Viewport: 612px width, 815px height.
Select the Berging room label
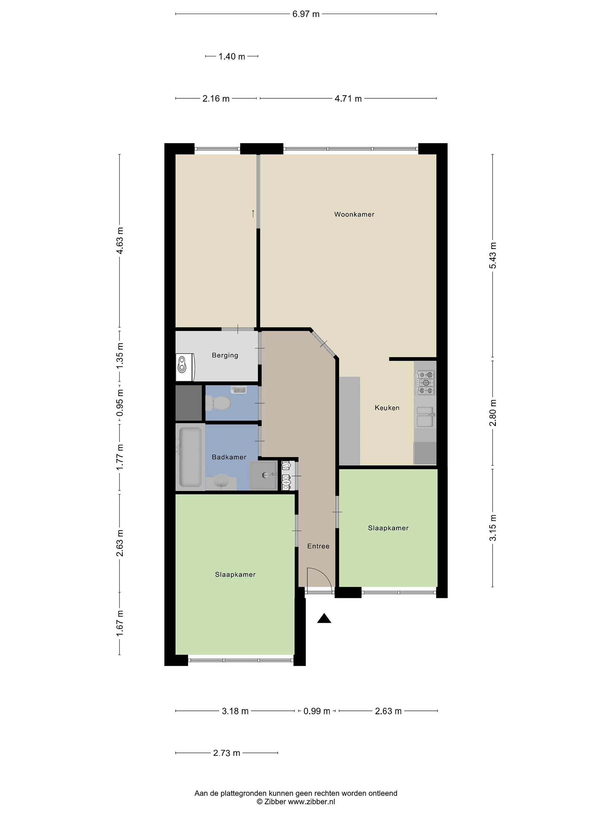pos(225,355)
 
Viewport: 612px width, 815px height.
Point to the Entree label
pos(318,546)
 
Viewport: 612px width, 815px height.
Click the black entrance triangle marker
pos(324,618)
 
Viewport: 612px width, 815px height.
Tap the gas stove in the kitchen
pos(426,382)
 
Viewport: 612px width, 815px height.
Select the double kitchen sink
pos(425,417)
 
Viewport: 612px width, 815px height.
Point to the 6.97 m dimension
pos(306,14)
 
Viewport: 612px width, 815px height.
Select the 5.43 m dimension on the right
pos(493,256)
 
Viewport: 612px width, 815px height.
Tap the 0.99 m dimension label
pos(316,711)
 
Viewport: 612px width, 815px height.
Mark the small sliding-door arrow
pos(253,213)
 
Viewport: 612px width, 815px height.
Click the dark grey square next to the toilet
pos(189,403)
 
